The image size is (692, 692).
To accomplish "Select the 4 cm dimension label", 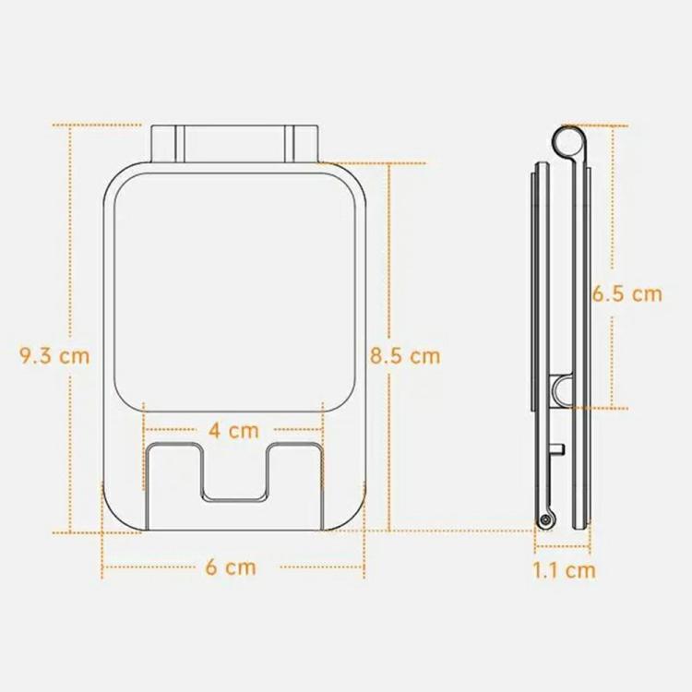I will coord(233,429).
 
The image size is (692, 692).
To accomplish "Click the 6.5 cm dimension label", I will coord(627,294).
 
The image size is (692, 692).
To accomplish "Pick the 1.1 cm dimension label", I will coord(564,569).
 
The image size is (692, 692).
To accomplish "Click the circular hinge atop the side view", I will coord(569,140).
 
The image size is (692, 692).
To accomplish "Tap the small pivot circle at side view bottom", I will coord(547,521).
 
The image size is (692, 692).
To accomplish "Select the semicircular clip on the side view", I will coord(562,390).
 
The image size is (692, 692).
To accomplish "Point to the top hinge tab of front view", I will coord(233,143).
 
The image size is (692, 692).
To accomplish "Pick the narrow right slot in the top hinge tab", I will coord(289,143).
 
